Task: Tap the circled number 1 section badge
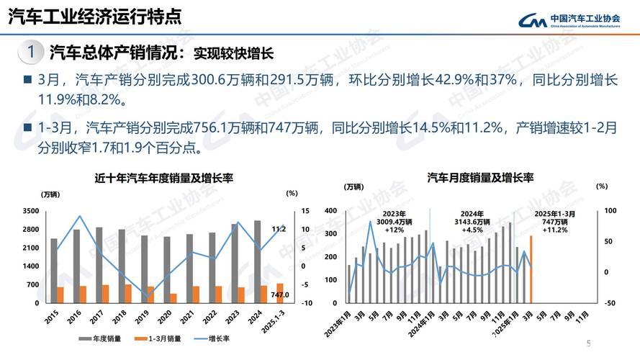(x=31, y=53)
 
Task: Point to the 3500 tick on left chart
(x=31, y=211)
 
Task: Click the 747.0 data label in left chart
(x=279, y=295)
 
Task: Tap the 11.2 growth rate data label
(x=279, y=229)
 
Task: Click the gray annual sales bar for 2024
(x=258, y=261)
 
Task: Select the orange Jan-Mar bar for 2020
(x=173, y=298)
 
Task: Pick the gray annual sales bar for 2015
(x=53, y=271)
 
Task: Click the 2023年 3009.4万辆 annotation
(x=395, y=222)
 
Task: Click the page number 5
(x=588, y=343)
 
